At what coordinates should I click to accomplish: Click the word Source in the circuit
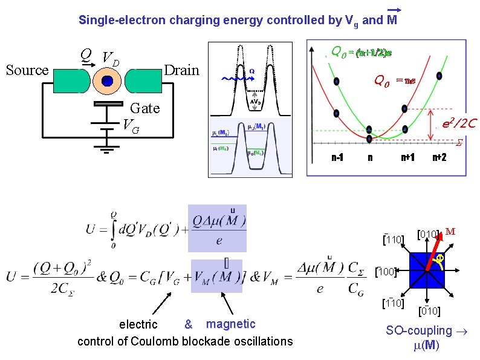[27, 70]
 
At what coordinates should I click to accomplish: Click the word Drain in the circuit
[182, 70]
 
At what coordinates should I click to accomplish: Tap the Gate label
[145, 108]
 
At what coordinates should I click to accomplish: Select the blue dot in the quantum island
[108, 81]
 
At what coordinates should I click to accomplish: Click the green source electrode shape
[72, 81]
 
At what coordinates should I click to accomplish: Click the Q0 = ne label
[394, 80]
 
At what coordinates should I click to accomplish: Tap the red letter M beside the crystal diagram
[450, 231]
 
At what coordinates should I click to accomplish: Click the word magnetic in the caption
[231, 324]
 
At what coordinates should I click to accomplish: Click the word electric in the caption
[138, 326]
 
